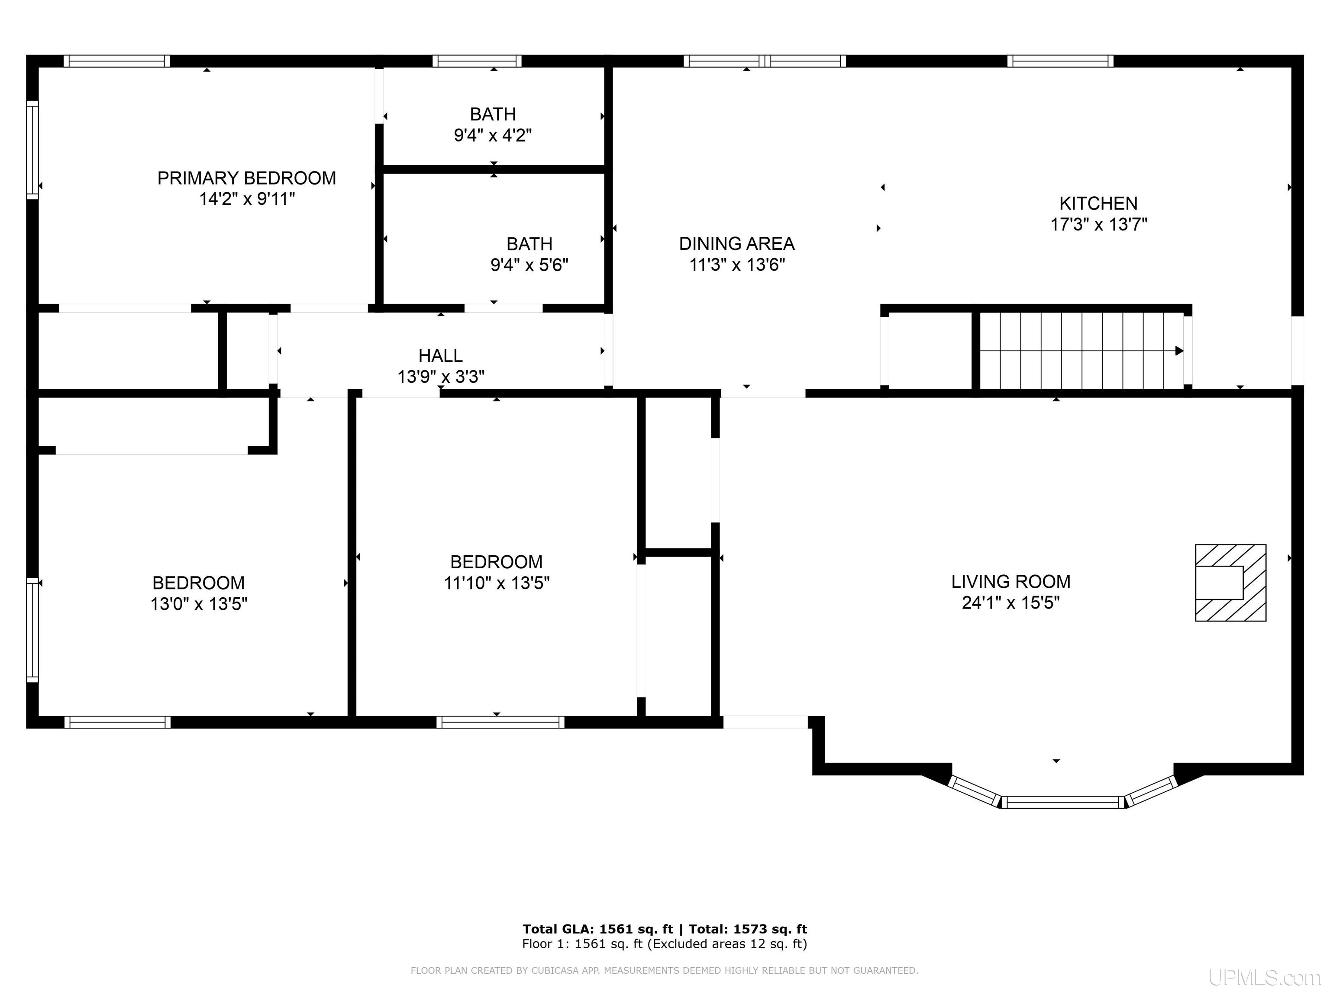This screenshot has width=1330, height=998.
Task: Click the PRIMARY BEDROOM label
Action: coord(246,178)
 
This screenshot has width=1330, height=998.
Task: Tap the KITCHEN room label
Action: coord(1098,203)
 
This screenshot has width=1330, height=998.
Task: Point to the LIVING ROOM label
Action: coord(1011,582)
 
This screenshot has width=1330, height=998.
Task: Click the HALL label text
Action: coord(441,356)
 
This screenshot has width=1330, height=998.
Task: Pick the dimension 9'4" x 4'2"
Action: coord(493,135)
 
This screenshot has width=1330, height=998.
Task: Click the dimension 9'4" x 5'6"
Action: coord(529,265)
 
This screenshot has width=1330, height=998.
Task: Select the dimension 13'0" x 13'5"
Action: coord(199,603)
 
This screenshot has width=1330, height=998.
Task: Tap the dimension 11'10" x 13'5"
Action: coord(497,583)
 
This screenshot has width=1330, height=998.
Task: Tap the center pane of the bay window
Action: coord(1062,802)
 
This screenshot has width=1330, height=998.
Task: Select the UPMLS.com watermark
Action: coord(1265,978)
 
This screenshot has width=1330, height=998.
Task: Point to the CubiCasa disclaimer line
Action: coord(665,970)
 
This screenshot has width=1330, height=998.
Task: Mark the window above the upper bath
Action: coord(477,61)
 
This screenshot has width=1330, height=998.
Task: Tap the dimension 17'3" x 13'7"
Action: coord(1098,224)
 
